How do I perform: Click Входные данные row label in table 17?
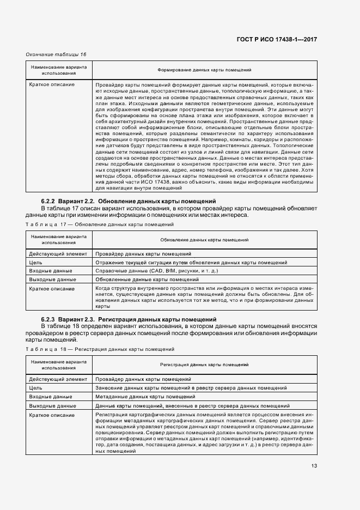(50, 271)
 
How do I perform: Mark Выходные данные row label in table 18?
(52, 406)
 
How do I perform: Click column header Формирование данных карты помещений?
(204, 70)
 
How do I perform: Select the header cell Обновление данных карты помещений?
(204, 240)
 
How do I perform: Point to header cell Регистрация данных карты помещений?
(204, 363)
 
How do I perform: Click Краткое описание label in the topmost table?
(52, 85)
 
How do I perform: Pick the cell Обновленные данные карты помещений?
(143, 280)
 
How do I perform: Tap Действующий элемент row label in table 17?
(57, 254)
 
